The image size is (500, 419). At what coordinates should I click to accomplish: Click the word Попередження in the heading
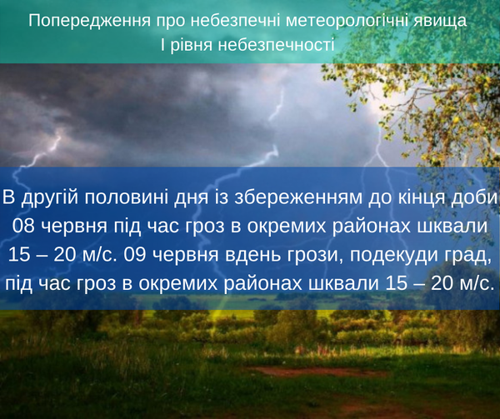[90, 21]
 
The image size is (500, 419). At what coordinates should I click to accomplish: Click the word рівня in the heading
[191, 45]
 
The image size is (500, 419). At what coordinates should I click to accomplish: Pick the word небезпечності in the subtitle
[276, 45]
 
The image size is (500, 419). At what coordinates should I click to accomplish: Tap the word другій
[50, 198]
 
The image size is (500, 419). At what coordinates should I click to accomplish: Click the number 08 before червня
[23, 227]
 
